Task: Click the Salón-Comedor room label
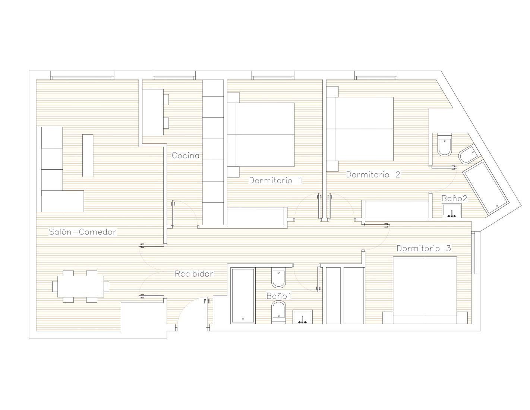pos(82,232)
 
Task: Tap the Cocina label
pos(186,155)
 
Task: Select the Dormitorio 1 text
pos(275,180)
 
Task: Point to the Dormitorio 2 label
pos(373,174)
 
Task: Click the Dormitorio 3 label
pos(424,248)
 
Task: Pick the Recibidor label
pos(194,274)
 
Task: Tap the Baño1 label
pos(279,296)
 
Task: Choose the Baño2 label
pos(454,198)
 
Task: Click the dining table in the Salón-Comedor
pos(81,286)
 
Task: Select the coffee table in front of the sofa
pos(88,155)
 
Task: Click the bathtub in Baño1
pos(243,296)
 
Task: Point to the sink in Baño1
pos(303,317)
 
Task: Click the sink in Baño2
pos(452,211)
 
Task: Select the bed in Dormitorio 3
pos(425,290)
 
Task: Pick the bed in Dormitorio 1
pos(261,135)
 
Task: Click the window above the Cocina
pos(174,75)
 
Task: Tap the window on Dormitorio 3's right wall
pos(474,252)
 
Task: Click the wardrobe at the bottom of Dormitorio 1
pos(257,216)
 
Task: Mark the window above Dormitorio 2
pos(376,75)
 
